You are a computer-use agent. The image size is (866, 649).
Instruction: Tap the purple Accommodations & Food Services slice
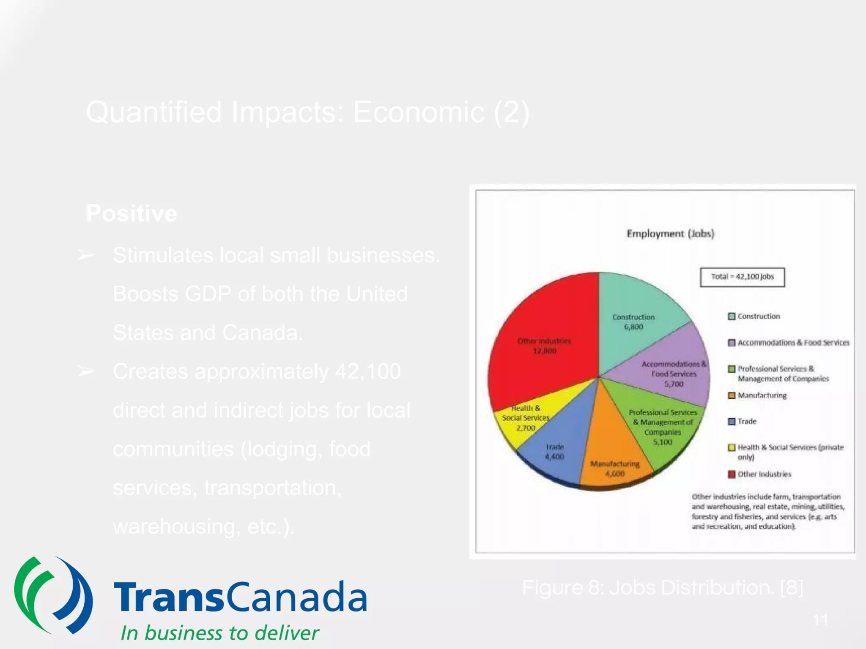[x=672, y=372]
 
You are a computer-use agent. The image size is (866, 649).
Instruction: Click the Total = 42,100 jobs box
[x=742, y=277]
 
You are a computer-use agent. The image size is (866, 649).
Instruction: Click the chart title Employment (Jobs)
[x=670, y=234]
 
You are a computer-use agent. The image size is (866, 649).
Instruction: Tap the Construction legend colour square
[x=731, y=316]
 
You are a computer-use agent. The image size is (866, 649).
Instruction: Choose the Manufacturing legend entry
[x=762, y=395]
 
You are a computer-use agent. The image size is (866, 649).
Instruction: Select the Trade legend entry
[x=746, y=421]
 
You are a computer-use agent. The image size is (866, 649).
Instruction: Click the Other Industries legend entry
[x=764, y=474]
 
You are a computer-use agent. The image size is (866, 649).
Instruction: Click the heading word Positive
[x=132, y=213]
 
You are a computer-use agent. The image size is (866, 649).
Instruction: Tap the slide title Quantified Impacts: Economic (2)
[x=307, y=112]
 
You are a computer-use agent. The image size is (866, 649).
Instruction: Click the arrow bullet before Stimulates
[x=86, y=255]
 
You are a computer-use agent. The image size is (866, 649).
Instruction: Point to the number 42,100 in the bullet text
[x=367, y=371]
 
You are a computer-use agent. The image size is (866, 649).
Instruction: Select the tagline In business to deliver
[x=219, y=633]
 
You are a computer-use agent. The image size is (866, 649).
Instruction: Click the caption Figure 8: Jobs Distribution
[x=662, y=587]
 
